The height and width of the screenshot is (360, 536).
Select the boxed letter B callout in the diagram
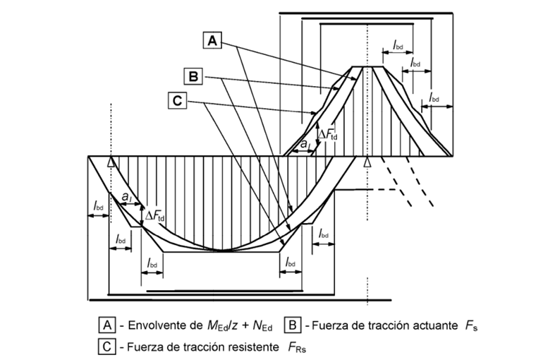(x=193, y=74)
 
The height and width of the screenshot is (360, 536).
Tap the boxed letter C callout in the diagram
(x=177, y=102)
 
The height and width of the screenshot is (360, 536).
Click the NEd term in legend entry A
(x=263, y=326)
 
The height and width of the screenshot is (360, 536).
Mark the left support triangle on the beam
(x=111, y=162)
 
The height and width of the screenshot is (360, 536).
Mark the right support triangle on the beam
(x=367, y=163)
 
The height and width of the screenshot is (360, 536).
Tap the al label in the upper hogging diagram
(x=304, y=145)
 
